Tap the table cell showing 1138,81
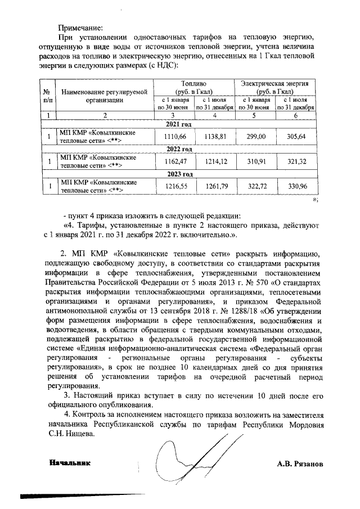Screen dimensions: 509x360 [214, 137]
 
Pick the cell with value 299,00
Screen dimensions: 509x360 [256, 137]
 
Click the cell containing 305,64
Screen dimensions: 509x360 [296, 137]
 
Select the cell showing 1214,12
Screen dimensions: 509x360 [214, 161]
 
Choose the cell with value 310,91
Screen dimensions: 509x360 [256, 161]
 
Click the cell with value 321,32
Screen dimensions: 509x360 [296, 161]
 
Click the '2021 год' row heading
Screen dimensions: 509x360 [179, 125]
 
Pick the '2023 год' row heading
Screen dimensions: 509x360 [179, 174]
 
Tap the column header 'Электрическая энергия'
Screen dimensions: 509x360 [275, 87]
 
